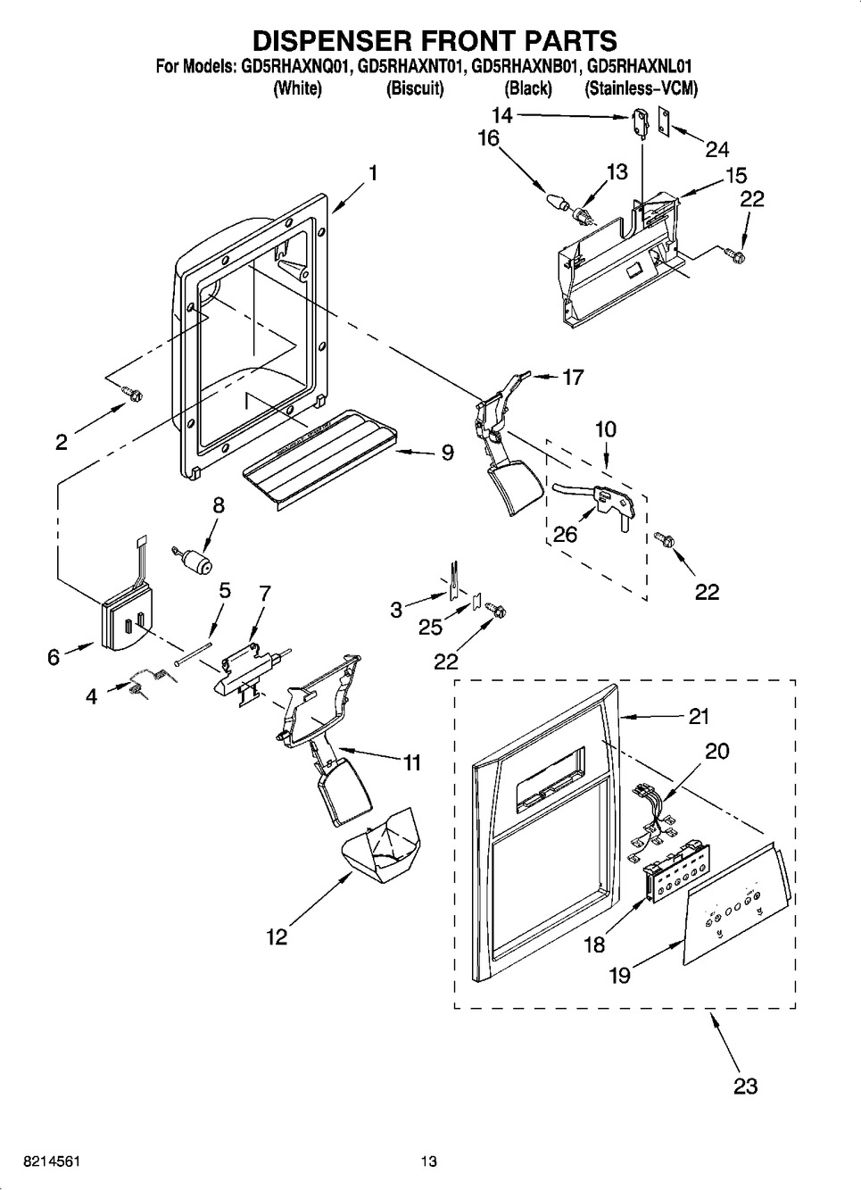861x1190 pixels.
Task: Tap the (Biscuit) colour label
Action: point(415,88)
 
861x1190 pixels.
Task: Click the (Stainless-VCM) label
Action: point(641,88)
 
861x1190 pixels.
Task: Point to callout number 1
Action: point(373,173)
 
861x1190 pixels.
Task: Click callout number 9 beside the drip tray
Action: point(447,454)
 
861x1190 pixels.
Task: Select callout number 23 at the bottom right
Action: point(745,1086)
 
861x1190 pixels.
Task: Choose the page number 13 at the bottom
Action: point(430,1161)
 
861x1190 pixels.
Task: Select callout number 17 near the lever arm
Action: point(572,378)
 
